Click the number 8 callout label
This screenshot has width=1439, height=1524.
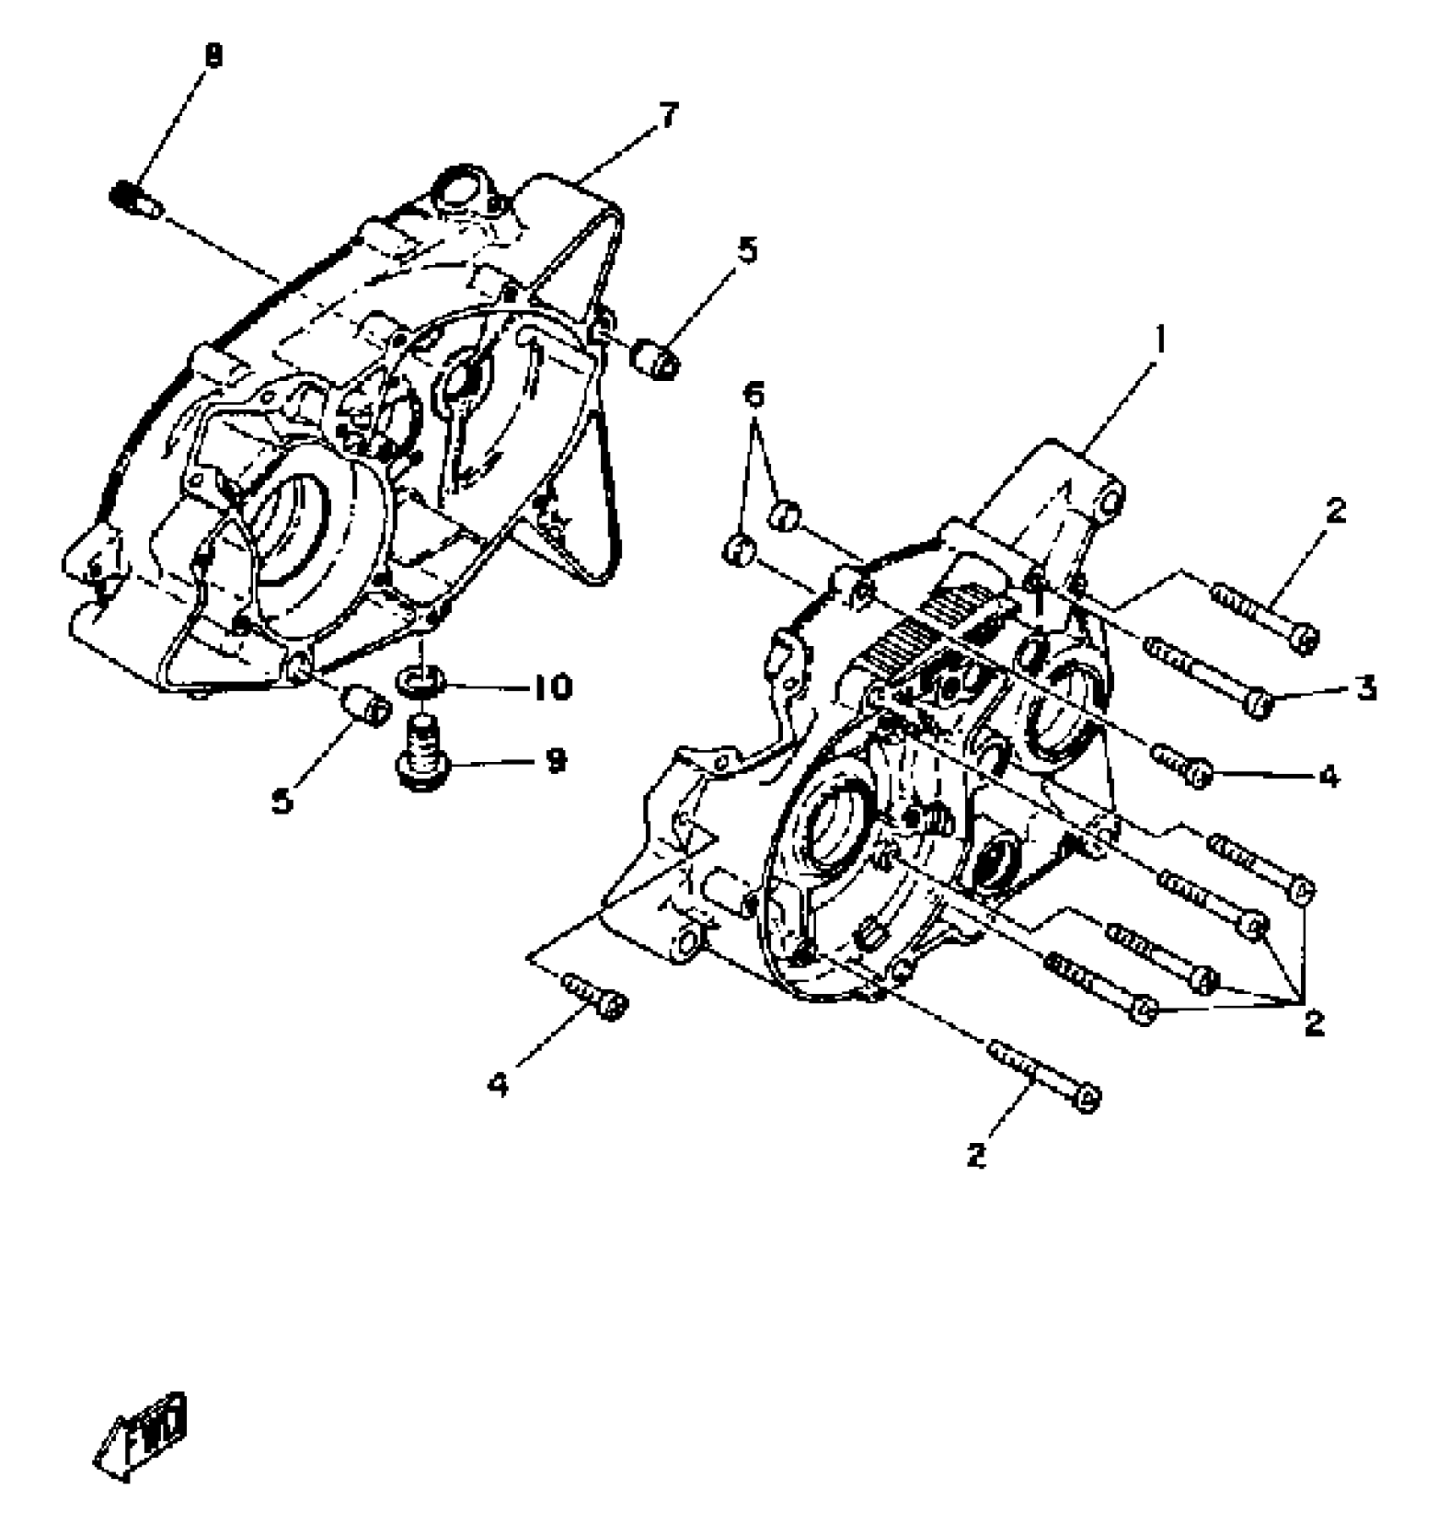pos(213,58)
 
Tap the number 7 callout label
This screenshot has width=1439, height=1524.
pos(668,114)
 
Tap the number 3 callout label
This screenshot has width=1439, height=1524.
pos(1365,688)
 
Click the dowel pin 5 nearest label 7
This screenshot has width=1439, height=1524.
pos(655,360)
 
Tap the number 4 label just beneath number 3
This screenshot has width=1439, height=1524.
pos(1329,776)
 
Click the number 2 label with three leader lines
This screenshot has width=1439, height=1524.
pos(1313,1024)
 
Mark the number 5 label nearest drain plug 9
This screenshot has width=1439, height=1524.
pos(282,798)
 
